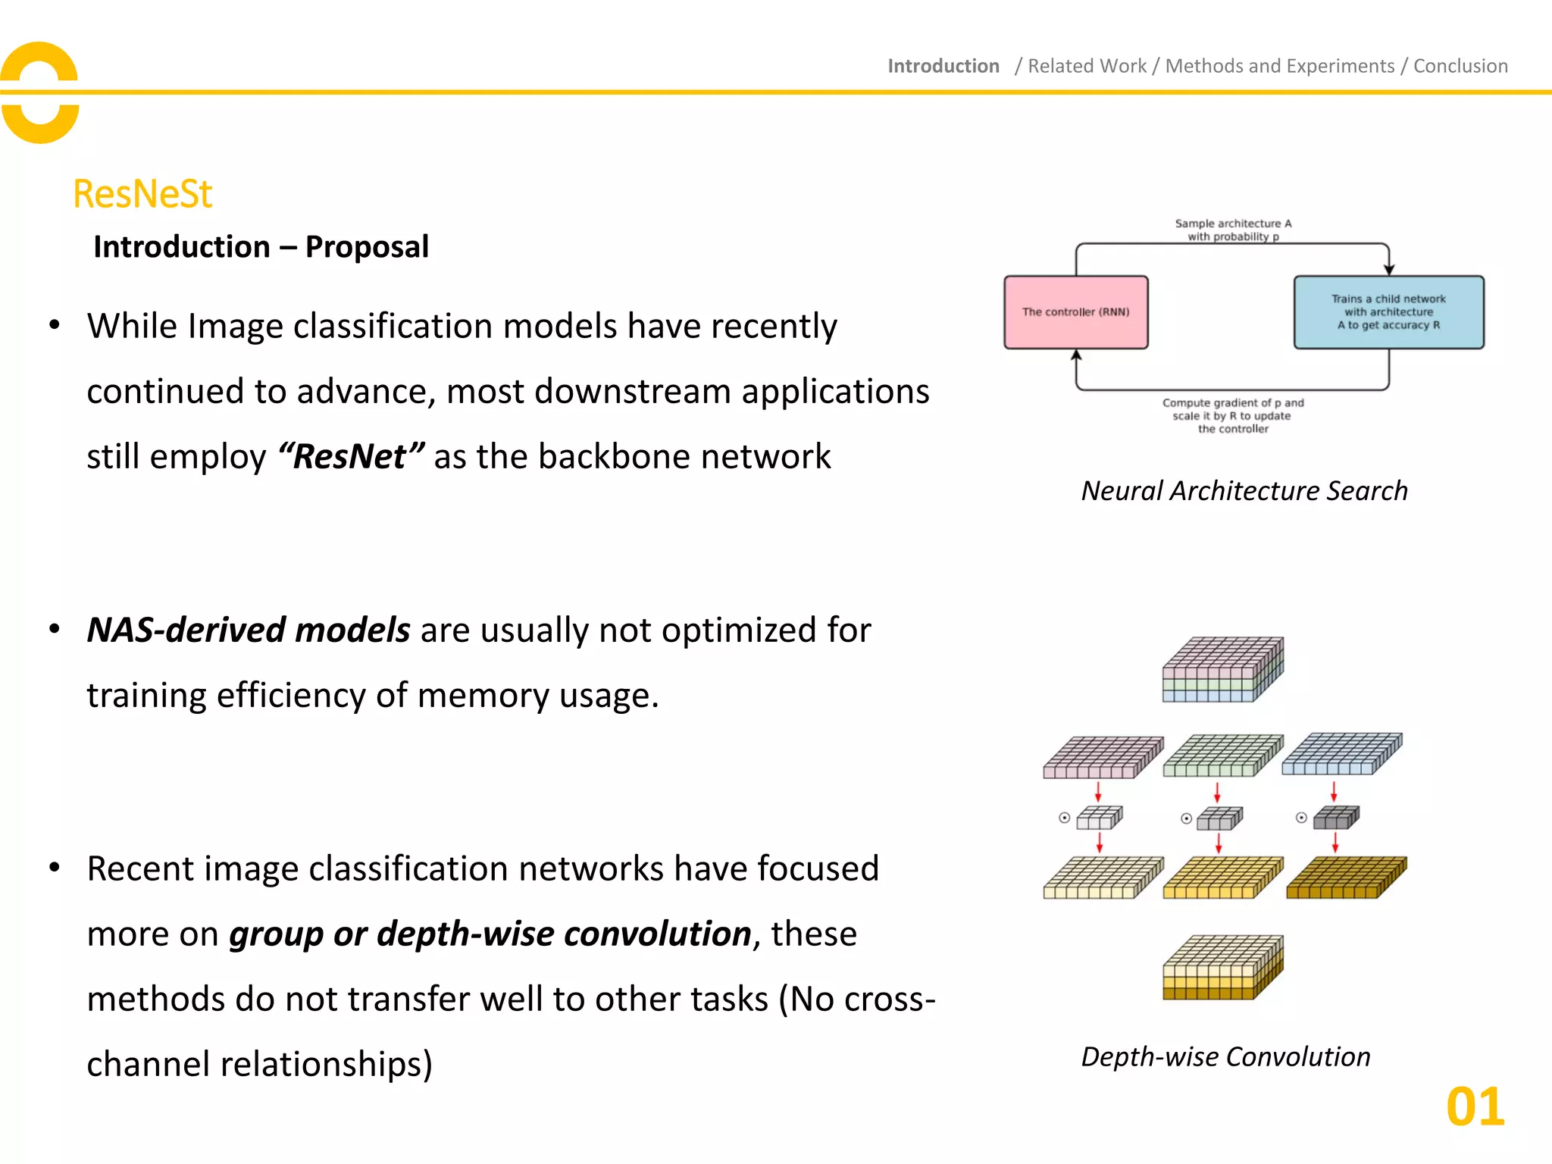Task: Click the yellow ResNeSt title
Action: click(x=142, y=194)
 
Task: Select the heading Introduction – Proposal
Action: click(x=261, y=247)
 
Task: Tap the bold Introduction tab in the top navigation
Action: click(x=943, y=66)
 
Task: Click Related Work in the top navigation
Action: click(x=1087, y=66)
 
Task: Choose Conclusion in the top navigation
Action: click(x=1460, y=66)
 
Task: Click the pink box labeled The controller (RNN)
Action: click(x=1075, y=312)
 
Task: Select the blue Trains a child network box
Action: click(x=1388, y=312)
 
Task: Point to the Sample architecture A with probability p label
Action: click(x=1233, y=230)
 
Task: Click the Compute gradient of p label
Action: click(x=1233, y=415)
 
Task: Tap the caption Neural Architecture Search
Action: click(x=1244, y=491)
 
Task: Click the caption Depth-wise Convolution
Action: click(x=1225, y=1056)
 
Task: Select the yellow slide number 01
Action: click(x=1475, y=1107)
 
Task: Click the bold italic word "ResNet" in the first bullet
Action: click(x=351, y=456)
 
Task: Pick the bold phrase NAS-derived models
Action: click(x=249, y=630)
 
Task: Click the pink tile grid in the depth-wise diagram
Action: click(x=1103, y=757)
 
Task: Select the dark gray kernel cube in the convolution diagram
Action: click(x=1336, y=818)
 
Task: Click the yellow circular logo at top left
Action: click(x=39, y=92)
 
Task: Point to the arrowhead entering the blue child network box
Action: click(x=1388, y=270)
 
